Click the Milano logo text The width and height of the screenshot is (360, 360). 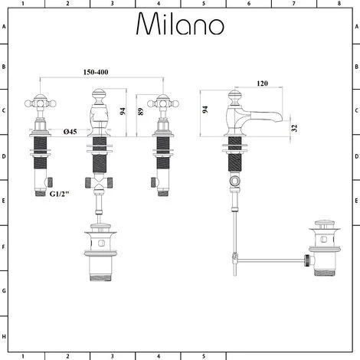click(x=180, y=25)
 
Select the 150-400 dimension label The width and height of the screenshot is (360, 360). click(x=102, y=72)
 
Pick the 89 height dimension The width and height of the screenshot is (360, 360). click(x=140, y=111)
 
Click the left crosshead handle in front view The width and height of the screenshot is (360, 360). click(x=40, y=103)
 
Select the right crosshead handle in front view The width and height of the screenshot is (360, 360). click(x=162, y=103)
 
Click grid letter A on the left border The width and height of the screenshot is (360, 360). click(x=5, y=26)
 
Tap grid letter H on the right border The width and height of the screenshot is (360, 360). click(x=355, y=337)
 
